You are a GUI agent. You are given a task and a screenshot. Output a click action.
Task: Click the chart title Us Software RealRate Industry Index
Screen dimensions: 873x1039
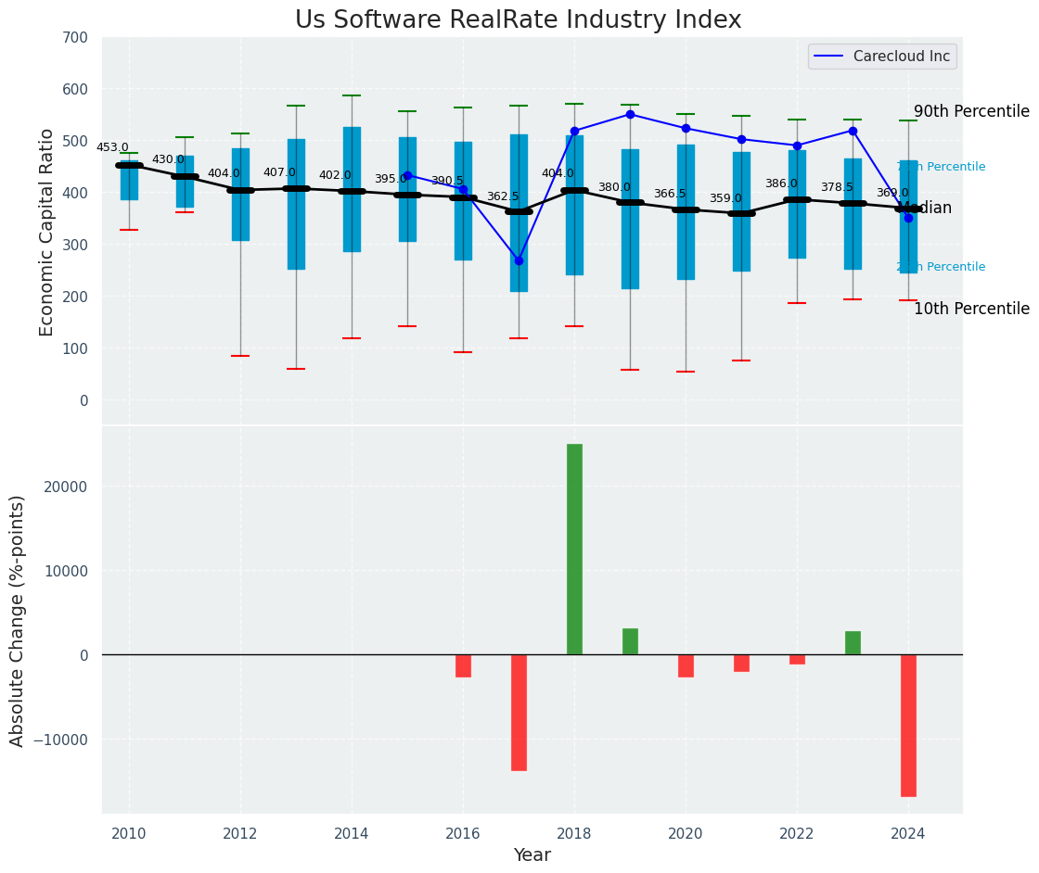click(518, 20)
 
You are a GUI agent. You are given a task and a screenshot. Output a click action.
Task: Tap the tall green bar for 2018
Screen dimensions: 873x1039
click(574, 549)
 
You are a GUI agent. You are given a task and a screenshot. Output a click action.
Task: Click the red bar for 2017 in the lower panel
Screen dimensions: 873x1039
click(519, 712)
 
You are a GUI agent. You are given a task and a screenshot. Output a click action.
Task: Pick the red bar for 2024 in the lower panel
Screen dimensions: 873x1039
click(908, 725)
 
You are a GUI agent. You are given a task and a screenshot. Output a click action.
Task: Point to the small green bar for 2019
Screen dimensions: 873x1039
click(630, 641)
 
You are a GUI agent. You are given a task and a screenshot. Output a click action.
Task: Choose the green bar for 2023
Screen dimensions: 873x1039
click(853, 643)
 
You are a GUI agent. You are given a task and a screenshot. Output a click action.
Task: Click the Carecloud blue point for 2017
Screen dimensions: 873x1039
click(519, 260)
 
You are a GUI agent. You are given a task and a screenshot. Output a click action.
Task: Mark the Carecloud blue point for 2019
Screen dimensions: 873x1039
click(630, 114)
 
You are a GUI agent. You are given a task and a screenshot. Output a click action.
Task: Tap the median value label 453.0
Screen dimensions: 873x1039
click(112, 147)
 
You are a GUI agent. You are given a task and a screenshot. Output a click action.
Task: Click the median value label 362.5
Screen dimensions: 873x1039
click(503, 196)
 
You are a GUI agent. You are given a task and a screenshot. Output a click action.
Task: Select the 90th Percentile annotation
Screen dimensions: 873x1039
click(971, 111)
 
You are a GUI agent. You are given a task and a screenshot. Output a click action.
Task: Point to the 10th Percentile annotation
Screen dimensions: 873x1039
click(971, 309)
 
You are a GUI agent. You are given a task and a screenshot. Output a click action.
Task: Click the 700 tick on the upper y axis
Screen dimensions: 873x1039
click(76, 38)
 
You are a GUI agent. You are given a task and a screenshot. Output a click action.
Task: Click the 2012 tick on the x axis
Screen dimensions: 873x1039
click(240, 833)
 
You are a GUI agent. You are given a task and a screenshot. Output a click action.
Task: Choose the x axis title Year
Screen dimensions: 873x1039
click(532, 855)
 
